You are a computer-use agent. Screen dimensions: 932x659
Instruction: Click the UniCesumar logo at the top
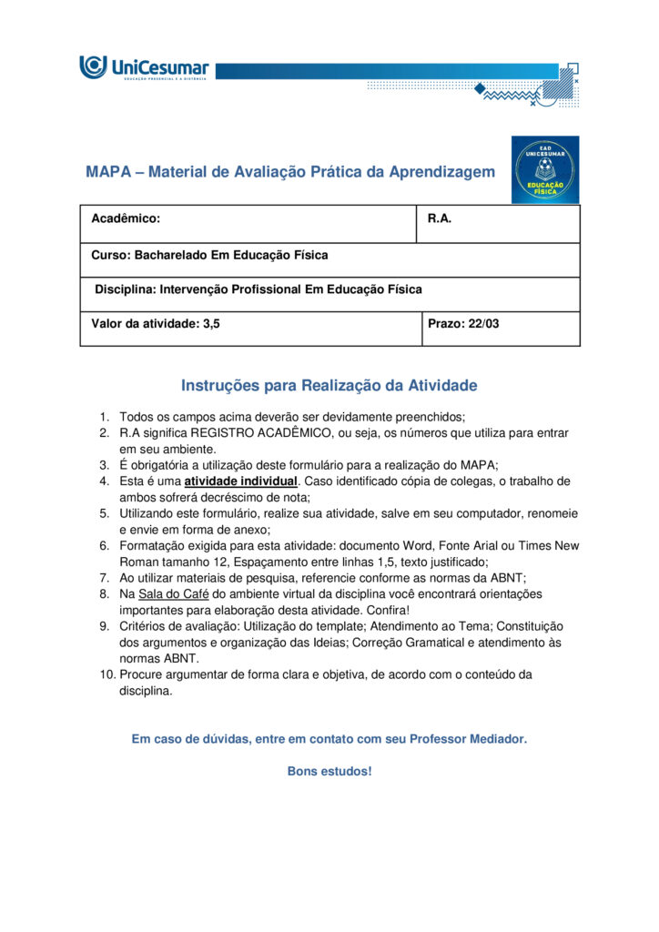pos(144,67)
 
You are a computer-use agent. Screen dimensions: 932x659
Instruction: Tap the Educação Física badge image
pos(544,169)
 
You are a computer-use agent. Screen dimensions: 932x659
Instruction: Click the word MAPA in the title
pos(107,172)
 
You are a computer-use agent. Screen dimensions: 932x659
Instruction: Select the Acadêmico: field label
pos(126,219)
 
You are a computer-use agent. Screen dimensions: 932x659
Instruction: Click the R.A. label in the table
pos(440,219)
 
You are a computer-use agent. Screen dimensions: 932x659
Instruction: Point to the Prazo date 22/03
pos(483,324)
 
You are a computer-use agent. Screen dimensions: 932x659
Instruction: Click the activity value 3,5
pos(210,324)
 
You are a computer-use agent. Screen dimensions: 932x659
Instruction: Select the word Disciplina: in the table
pos(126,289)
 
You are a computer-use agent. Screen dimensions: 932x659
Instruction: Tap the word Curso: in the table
pos(111,255)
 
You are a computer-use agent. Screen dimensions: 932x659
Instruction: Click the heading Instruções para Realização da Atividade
pos(329,386)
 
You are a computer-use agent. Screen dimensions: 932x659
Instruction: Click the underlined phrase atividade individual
pos(240,481)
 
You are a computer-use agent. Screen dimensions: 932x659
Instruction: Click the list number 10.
pos(105,674)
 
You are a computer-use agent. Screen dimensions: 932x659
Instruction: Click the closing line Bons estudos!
pos(329,771)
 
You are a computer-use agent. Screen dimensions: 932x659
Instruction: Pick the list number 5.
pos(105,513)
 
